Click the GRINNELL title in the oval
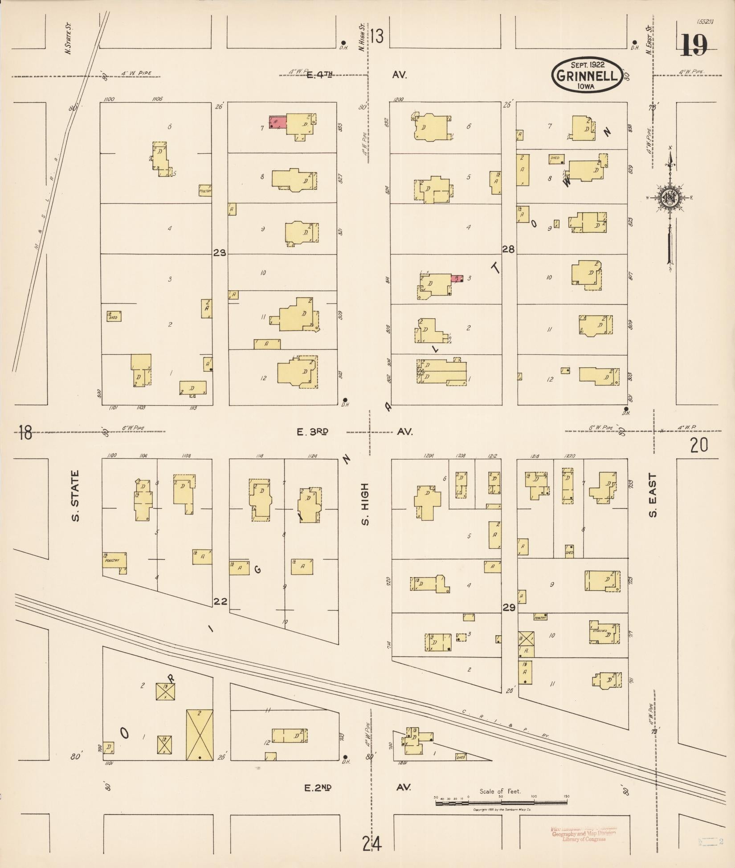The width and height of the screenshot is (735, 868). (586, 76)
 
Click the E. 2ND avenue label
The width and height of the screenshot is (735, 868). (318, 787)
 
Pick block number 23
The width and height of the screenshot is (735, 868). (220, 253)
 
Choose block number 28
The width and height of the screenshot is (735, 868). (509, 249)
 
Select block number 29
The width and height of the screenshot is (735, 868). (509, 608)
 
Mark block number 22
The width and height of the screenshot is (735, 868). (220, 602)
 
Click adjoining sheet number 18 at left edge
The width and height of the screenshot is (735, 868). (25, 432)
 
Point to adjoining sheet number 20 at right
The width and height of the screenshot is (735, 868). (698, 445)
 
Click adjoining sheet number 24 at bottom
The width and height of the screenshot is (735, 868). (372, 843)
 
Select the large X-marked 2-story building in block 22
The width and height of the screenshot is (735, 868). (199, 734)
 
